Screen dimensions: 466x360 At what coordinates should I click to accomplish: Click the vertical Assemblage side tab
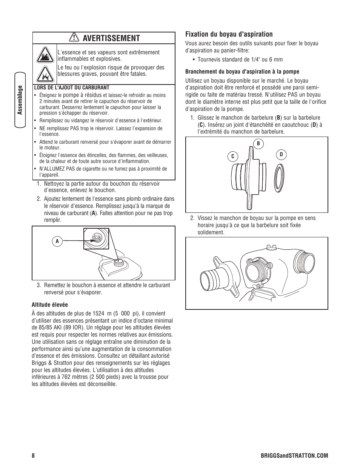point(21,100)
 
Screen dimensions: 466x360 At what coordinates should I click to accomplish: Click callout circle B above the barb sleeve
point(258,143)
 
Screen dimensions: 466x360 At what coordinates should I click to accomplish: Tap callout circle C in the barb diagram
point(233,156)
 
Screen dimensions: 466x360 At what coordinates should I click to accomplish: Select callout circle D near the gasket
point(281,154)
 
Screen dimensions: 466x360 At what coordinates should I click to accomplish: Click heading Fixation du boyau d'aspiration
point(229,34)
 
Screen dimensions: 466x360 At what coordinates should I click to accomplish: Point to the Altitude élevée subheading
point(49,305)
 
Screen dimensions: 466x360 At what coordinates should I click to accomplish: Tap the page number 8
point(33,455)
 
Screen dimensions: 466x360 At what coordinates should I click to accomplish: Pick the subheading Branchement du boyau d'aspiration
point(242,71)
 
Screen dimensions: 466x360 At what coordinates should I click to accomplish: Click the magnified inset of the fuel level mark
point(96,239)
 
